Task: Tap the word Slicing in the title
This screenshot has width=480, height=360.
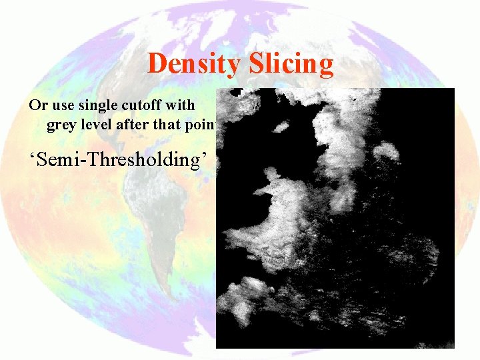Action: coord(291,64)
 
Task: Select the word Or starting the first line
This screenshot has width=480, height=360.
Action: coord(37,105)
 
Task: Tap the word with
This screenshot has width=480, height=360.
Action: coord(183,105)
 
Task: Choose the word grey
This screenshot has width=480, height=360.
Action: coord(61,125)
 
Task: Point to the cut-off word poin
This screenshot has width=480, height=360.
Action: coord(203,125)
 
